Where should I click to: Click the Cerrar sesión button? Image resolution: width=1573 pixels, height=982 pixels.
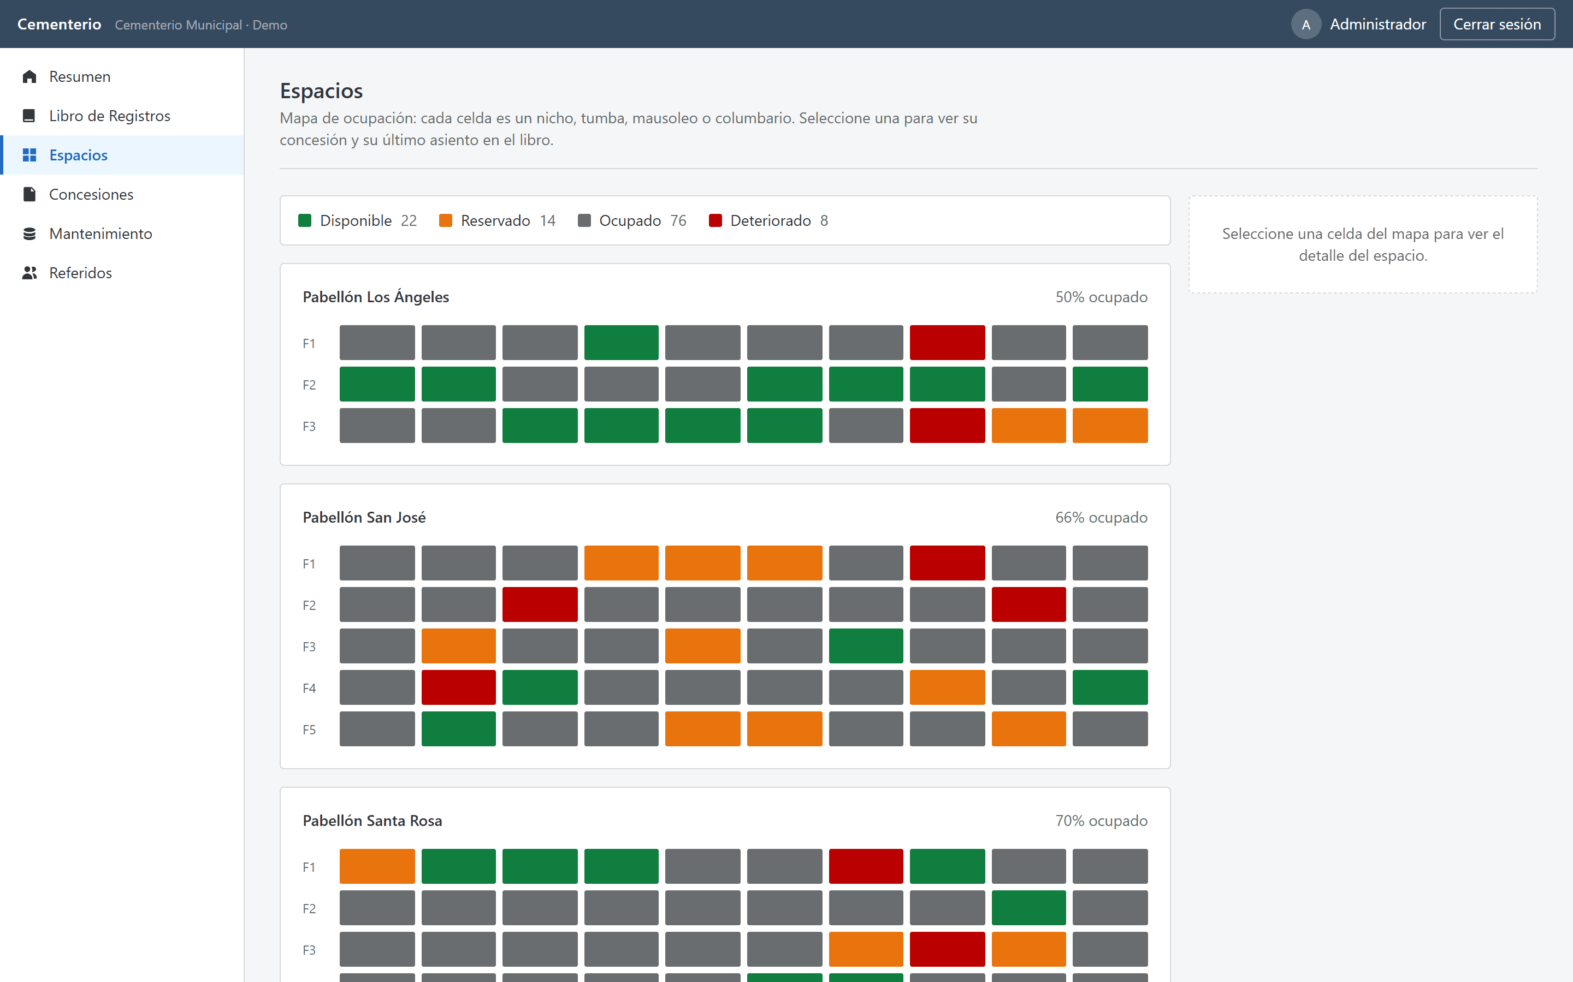(1497, 24)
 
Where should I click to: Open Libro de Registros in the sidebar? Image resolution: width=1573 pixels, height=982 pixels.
(109, 116)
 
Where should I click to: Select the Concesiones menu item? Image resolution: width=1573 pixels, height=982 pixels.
(91, 194)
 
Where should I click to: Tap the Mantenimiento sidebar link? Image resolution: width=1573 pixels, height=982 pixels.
(100, 234)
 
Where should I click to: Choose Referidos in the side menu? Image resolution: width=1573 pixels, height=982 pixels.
(80, 273)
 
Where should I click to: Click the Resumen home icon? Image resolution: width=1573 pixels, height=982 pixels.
(29, 76)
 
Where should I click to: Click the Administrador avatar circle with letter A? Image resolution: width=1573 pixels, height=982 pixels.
(1306, 24)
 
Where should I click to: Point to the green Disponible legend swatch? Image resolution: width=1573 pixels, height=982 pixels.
(305, 220)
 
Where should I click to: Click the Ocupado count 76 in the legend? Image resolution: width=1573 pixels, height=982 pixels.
(678, 220)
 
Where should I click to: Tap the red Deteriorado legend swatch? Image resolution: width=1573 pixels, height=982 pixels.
(715, 220)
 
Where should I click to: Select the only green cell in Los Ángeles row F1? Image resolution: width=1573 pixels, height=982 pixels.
(621, 342)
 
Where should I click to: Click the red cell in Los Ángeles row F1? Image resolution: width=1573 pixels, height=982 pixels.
(947, 342)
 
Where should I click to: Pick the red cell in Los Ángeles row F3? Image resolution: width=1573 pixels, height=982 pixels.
(947, 426)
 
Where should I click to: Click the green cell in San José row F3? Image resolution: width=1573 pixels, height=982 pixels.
(866, 645)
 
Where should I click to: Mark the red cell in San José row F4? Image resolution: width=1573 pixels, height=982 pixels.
(458, 687)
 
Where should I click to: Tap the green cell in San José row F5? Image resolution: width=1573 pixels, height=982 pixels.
(458, 729)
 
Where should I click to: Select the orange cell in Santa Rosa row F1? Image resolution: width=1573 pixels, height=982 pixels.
(377, 866)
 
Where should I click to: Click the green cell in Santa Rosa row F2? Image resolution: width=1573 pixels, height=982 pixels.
(1028, 908)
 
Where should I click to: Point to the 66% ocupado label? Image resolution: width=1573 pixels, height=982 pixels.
(1101, 518)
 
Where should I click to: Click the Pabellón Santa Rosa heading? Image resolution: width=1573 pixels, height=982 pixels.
(372, 821)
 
